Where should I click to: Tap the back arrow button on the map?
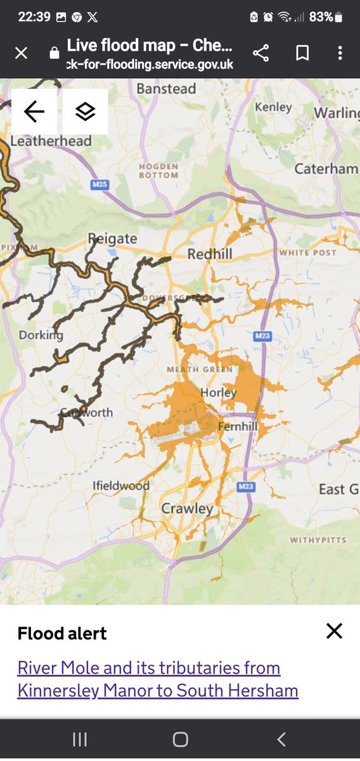(34, 112)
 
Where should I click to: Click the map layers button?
(85, 112)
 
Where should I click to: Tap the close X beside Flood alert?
(334, 630)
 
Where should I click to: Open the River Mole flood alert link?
(158, 679)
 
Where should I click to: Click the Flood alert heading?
(62, 633)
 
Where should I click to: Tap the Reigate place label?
(112, 238)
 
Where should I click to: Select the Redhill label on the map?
(210, 254)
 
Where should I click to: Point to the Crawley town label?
(187, 508)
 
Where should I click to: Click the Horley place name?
(218, 393)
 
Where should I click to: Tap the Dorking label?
(41, 335)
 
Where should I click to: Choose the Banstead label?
(166, 89)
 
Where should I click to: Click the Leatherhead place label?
(51, 141)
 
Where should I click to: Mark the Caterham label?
(326, 169)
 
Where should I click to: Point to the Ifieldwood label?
(120, 486)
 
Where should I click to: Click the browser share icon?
(260, 53)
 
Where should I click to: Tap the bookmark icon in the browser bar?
(302, 53)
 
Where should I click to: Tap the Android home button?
(180, 739)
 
